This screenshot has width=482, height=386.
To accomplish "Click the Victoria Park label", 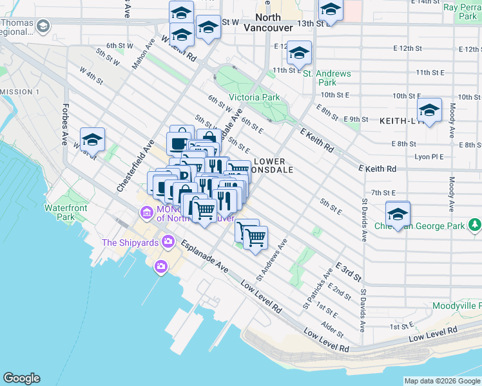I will coord(255,97).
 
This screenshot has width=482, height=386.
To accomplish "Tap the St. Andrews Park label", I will coord(327,78).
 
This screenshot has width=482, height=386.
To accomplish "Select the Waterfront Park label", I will coord(65,212).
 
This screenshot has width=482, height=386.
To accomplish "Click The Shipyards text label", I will coord(131,243).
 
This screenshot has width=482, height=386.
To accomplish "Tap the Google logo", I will coord(21,378).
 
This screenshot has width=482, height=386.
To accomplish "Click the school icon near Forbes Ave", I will coord(93,139).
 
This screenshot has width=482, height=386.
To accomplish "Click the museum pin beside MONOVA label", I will coord(146,212).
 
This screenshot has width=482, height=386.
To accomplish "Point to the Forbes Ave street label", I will coord(65,125).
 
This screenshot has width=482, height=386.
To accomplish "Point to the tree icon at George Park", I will coord(475,225).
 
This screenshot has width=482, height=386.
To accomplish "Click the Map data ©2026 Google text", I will coord(442,381).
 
